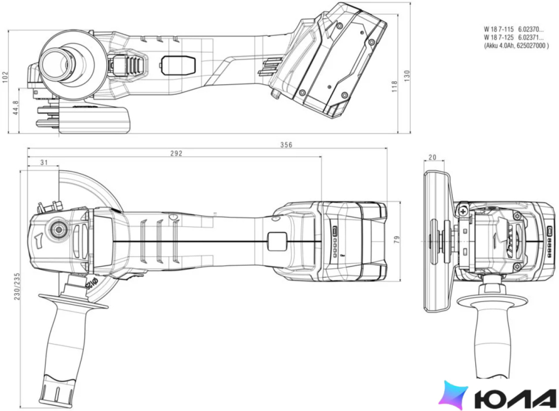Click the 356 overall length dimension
(x=286, y=145)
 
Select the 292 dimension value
(x=176, y=153)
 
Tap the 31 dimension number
(x=44, y=163)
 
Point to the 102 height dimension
(x=5, y=77)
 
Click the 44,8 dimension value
(x=16, y=108)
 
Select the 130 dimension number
(x=407, y=76)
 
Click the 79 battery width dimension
(x=397, y=240)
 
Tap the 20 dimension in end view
(x=432, y=157)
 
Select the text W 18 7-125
(x=499, y=38)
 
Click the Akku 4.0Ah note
(x=516, y=46)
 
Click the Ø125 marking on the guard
(x=92, y=284)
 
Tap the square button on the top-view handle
(x=277, y=242)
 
